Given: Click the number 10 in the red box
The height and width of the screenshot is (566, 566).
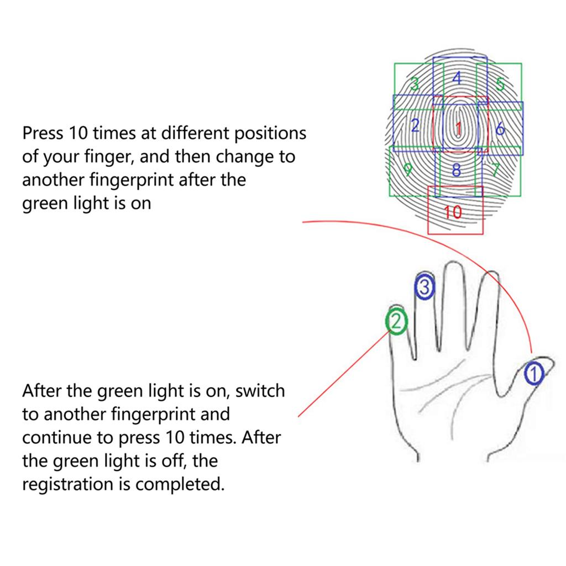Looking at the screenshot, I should click(x=453, y=212).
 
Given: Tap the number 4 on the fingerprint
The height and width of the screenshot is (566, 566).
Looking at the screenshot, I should click(x=457, y=78).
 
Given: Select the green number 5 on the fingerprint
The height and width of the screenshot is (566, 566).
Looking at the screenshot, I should click(x=500, y=84).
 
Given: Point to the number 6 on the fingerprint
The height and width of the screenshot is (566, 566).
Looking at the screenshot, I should click(x=500, y=129).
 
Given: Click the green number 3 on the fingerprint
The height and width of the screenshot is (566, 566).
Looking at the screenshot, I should click(x=413, y=83).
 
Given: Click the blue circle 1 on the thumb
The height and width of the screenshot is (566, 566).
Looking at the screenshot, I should click(x=533, y=374).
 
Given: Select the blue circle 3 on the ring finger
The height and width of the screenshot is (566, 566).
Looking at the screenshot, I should click(x=424, y=287).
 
